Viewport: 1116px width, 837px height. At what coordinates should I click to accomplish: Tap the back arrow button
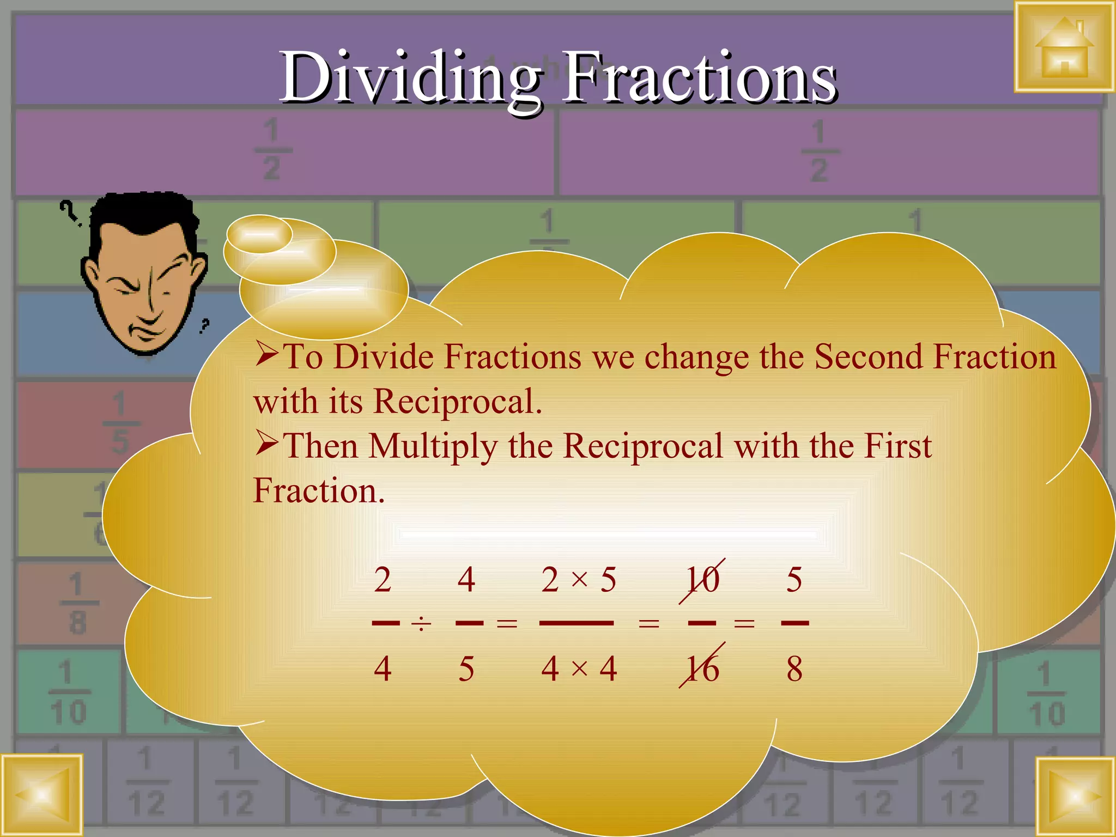coord(41,795)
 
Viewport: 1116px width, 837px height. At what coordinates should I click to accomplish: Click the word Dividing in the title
coord(410,77)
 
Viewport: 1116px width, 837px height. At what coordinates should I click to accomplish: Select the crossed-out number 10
coord(702,580)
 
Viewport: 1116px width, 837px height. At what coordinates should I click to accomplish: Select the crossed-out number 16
coord(702,668)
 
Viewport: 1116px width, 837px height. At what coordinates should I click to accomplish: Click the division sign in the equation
coord(421,623)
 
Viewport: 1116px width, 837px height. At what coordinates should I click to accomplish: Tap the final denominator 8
coord(794,669)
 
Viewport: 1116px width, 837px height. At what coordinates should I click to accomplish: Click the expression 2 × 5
coord(578,579)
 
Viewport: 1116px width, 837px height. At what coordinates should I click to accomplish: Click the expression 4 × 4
coord(578,669)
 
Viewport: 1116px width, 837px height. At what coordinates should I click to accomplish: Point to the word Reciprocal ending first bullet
coord(457,402)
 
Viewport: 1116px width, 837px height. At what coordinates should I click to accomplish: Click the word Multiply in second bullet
coord(433,446)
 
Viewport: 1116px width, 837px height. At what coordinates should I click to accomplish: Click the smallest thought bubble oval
coord(259,234)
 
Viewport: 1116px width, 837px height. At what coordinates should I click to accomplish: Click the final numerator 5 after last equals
coord(794,579)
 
